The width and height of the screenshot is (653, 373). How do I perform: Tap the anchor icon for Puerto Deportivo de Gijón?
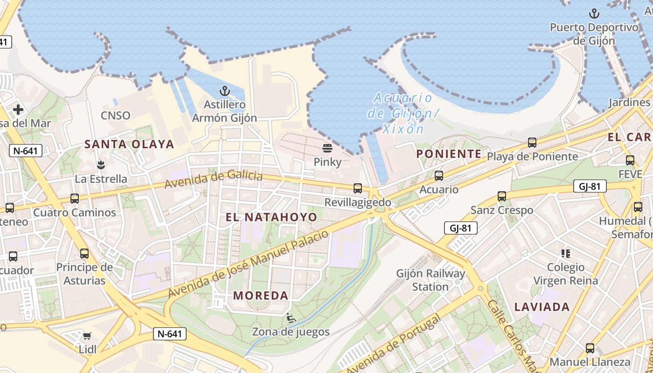point(594,14)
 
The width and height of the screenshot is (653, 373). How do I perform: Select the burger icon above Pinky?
point(327,148)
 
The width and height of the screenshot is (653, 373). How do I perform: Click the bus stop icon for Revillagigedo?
point(358,188)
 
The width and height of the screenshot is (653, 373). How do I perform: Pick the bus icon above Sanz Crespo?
point(502,196)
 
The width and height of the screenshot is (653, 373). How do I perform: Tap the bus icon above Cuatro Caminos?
point(75,199)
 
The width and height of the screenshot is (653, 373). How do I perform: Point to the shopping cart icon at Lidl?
point(87,336)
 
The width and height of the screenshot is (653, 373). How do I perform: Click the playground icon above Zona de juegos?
point(291,318)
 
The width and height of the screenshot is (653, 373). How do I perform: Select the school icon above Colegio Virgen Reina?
point(566,254)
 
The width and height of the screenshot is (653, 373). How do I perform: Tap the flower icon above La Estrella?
point(101,165)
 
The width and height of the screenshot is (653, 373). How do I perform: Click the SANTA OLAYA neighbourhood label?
point(129,145)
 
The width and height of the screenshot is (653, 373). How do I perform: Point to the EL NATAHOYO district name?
point(271,217)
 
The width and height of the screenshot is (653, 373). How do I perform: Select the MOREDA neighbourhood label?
point(261,296)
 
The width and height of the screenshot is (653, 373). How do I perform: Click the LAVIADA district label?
point(542,307)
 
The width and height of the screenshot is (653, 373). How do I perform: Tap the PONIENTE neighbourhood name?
point(449,154)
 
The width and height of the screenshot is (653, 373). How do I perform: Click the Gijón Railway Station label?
point(431,280)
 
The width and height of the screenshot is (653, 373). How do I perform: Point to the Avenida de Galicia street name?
point(214,180)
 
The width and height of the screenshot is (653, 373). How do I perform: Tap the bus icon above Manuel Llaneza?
point(590,348)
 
